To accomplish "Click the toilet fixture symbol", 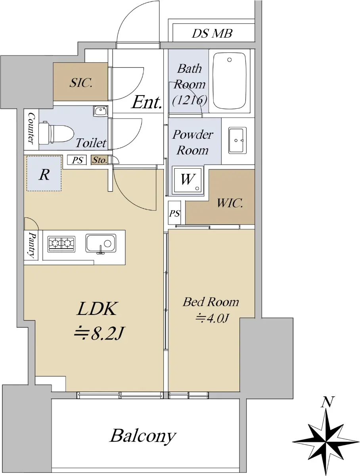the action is point(56,133).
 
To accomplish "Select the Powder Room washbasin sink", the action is point(237,140).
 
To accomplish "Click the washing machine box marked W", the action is point(188,180).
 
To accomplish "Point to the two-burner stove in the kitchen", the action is point(61,244).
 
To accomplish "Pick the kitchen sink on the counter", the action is point(101,244).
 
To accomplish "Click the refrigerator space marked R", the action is point(44,173).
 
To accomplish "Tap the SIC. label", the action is point(80,83).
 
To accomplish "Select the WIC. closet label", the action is point(230,203).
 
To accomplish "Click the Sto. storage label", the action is point(100,160).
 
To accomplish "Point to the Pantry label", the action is point(32,245).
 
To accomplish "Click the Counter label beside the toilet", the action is point(31,128).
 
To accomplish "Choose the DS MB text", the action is point(212,33).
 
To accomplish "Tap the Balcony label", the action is point(143,436).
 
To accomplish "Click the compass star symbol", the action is point(326,441).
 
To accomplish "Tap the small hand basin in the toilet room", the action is point(101,111).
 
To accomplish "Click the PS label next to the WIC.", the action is point(174,213).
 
